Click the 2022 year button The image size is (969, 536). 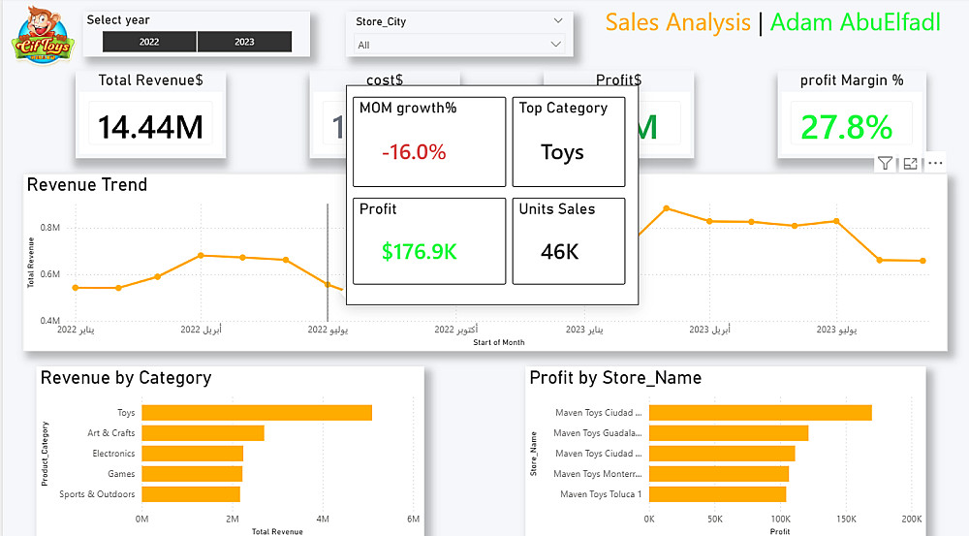point(149,42)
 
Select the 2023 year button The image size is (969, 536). point(244,42)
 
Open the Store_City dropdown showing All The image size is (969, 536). point(459,45)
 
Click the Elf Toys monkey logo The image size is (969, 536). point(40,35)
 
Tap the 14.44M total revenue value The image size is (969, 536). point(151,126)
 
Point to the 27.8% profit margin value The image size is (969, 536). point(846,126)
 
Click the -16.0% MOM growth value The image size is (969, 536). point(414,152)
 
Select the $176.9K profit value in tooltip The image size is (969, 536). point(419,252)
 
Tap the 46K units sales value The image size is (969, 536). point(560,252)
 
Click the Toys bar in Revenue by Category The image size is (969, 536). point(257,413)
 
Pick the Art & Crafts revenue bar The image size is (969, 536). point(203,433)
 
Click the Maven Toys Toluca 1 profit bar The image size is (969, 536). point(717,494)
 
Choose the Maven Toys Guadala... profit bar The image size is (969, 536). point(728,433)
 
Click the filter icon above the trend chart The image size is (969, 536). point(885,164)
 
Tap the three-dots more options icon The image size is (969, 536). point(935,164)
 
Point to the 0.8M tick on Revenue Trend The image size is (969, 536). point(50,227)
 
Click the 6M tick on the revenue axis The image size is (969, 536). point(414,519)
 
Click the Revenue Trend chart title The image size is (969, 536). point(87,185)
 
